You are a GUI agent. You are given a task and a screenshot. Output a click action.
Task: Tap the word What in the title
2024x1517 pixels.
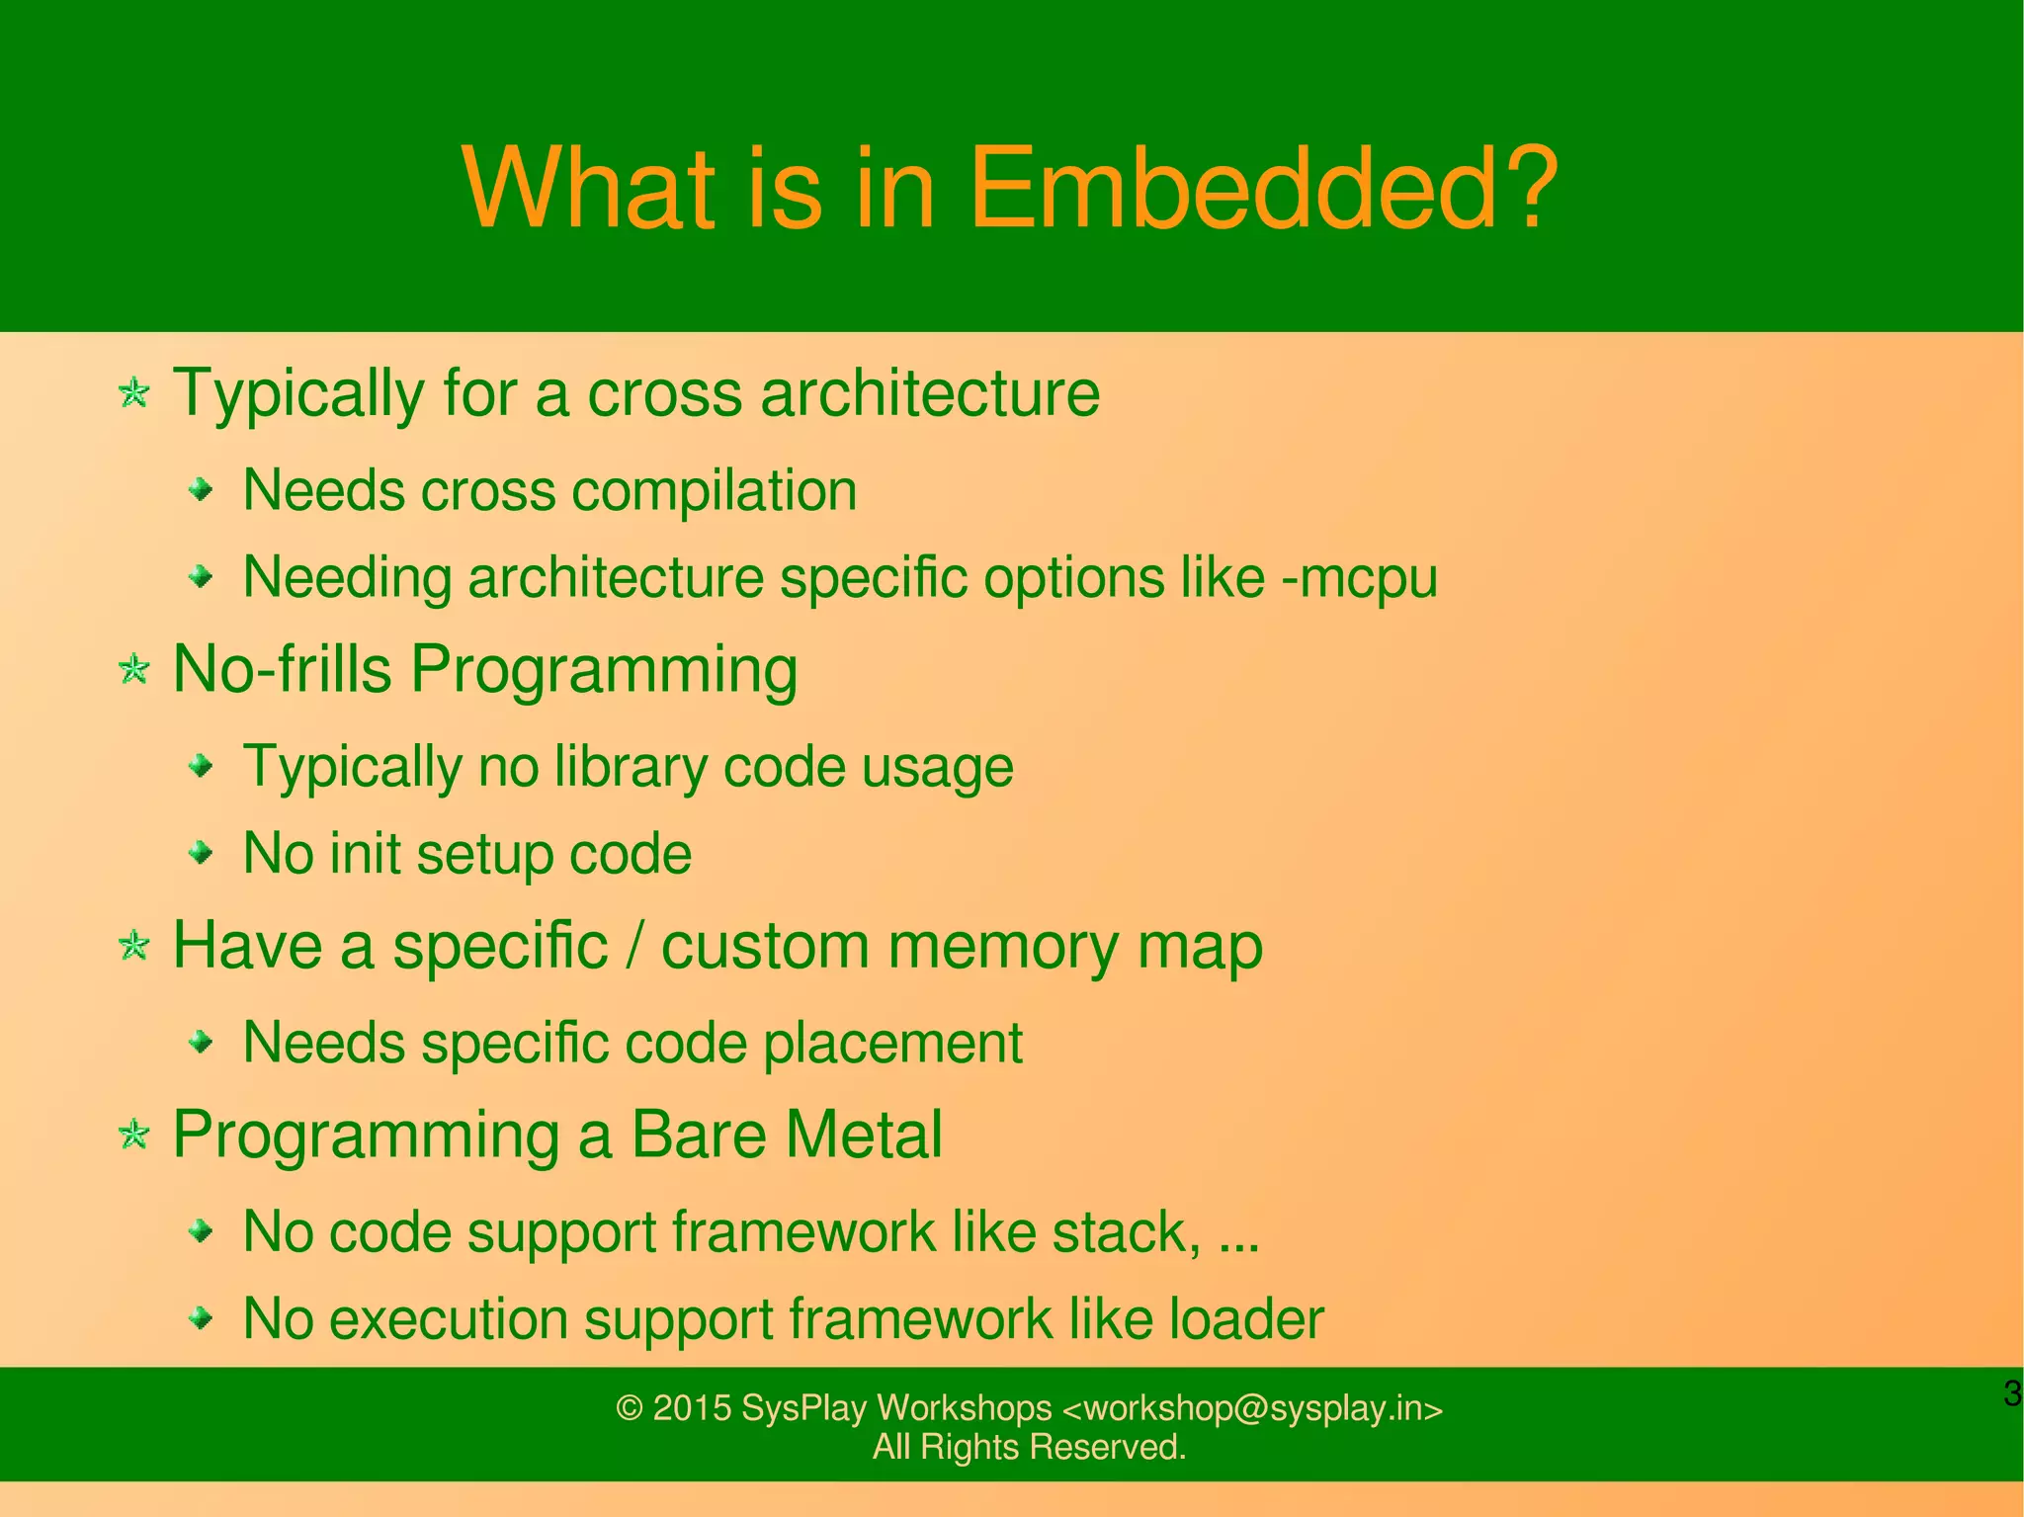587,188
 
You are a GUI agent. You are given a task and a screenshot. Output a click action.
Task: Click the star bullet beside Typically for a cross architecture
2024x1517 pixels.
133,394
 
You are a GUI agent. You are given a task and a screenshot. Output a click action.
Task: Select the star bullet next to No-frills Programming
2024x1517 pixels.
133,671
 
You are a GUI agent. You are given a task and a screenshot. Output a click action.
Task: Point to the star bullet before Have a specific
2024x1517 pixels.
133,947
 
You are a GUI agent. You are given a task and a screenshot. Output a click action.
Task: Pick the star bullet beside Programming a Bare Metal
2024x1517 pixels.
133,1135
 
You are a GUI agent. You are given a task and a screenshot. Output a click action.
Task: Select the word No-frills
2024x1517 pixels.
283,669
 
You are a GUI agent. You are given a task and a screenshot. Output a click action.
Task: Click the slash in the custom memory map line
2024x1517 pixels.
634,947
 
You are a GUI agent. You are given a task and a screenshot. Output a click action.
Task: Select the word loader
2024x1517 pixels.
1246,1319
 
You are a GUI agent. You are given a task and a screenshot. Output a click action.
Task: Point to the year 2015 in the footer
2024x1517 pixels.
691,1408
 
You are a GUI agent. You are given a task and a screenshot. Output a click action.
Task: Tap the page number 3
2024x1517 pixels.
2011,1394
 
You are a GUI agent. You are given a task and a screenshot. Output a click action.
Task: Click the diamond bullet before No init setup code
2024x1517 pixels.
202,852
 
